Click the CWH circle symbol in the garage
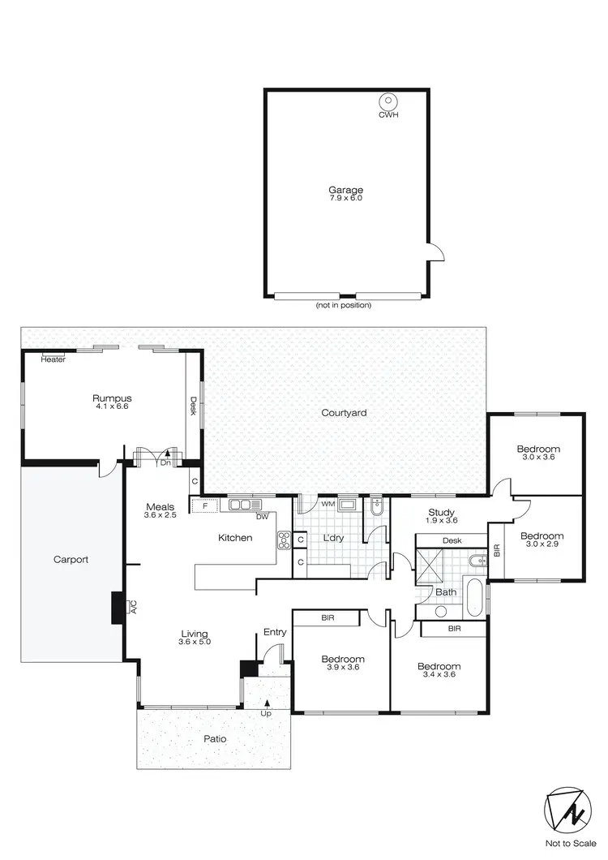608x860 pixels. pyautogui.click(x=388, y=102)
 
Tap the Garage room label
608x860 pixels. pyautogui.click(x=345, y=191)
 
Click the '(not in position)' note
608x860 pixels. pyautogui.click(x=344, y=306)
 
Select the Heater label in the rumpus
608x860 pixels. pyautogui.click(x=53, y=359)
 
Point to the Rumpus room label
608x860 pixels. pyautogui.click(x=112, y=398)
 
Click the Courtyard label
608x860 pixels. pyautogui.click(x=344, y=413)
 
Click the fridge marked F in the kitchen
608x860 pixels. pyautogui.click(x=203, y=505)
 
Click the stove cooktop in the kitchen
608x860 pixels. pyautogui.click(x=285, y=540)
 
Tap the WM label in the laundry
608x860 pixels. pyautogui.click(x=328, y=505)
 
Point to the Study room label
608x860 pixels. pyautogui.click(x=442, y=512)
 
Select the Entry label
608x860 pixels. pyautogui.click(x=274, y=632)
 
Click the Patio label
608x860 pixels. pyautogui.click(x=216, y=739)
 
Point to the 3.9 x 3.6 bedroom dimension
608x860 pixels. pyautogui.click(x=342, y=668)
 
